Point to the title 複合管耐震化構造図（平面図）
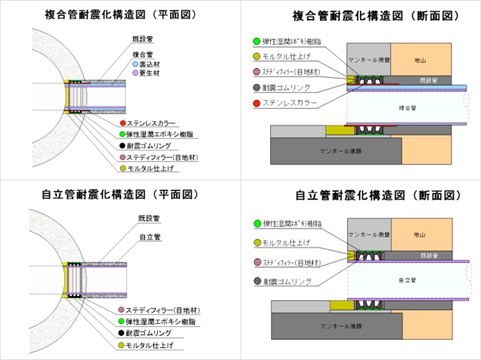tap(120, 14)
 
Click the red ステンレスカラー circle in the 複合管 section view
tap(256, 104)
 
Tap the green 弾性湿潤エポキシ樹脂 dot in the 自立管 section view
tap(256, 223)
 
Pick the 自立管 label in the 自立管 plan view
tap(150, 237)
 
